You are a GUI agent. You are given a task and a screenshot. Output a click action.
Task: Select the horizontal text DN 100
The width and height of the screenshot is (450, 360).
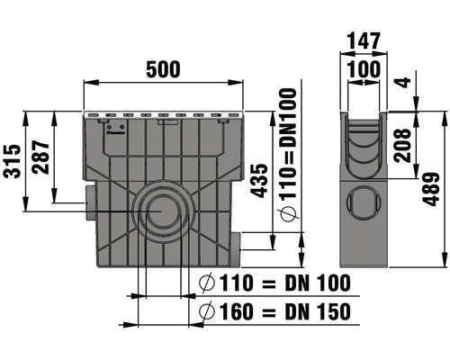pyautogui.click(x=315, y=284)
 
